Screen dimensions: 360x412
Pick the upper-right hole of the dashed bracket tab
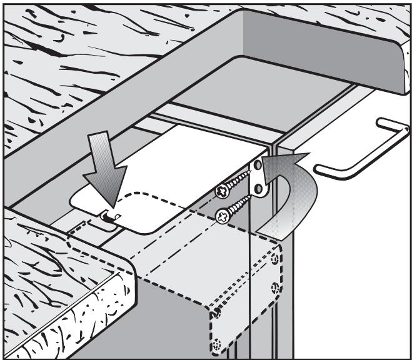point(276,259)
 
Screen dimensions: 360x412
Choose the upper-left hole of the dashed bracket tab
point(215,311)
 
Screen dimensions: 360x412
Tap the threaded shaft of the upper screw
point(240,182)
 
